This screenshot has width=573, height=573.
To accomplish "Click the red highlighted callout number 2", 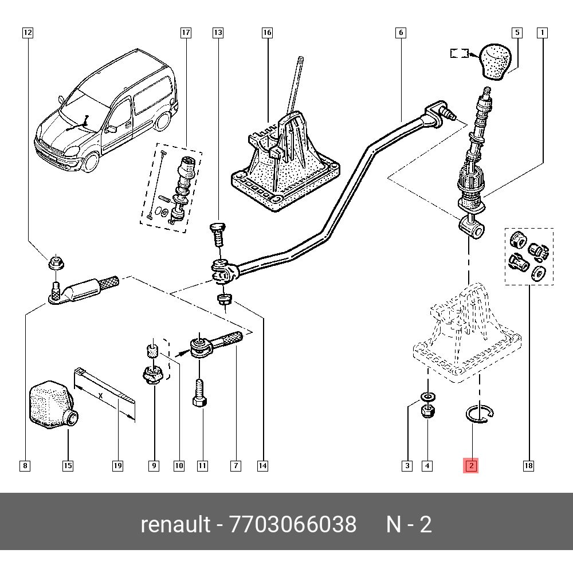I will click(x=471, y=466).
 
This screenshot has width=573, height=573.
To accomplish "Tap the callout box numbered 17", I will click(x=185, y=33).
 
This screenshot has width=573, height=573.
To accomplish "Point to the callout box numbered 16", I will click(x=267, y=33).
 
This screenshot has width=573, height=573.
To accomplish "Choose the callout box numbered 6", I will click(x=401, y=33).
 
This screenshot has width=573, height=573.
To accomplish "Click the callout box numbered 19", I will click(x=117, y=466).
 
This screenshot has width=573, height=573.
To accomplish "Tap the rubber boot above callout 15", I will click(x=50, y=404).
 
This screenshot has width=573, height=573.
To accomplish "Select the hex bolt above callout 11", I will click(x=198, y=394).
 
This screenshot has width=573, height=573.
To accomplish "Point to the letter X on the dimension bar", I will click(x=101, y=396).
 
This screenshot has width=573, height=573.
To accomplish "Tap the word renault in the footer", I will click(x=175, y=524).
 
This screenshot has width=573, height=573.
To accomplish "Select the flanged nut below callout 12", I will click(x=56, y=263).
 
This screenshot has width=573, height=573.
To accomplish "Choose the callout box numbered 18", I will click(x=528, y=466).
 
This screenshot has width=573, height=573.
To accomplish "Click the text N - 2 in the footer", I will click(x=409, y=524).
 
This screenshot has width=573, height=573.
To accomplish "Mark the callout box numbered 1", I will click(x=541, y=33).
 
